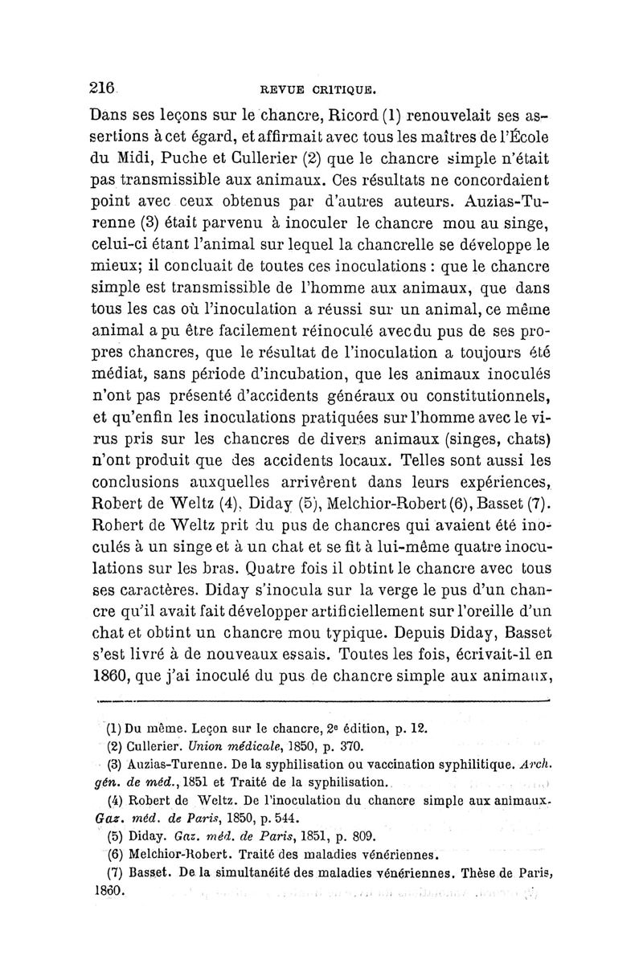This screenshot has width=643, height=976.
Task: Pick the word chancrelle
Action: pyautogui.click(x=432, y=241)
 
